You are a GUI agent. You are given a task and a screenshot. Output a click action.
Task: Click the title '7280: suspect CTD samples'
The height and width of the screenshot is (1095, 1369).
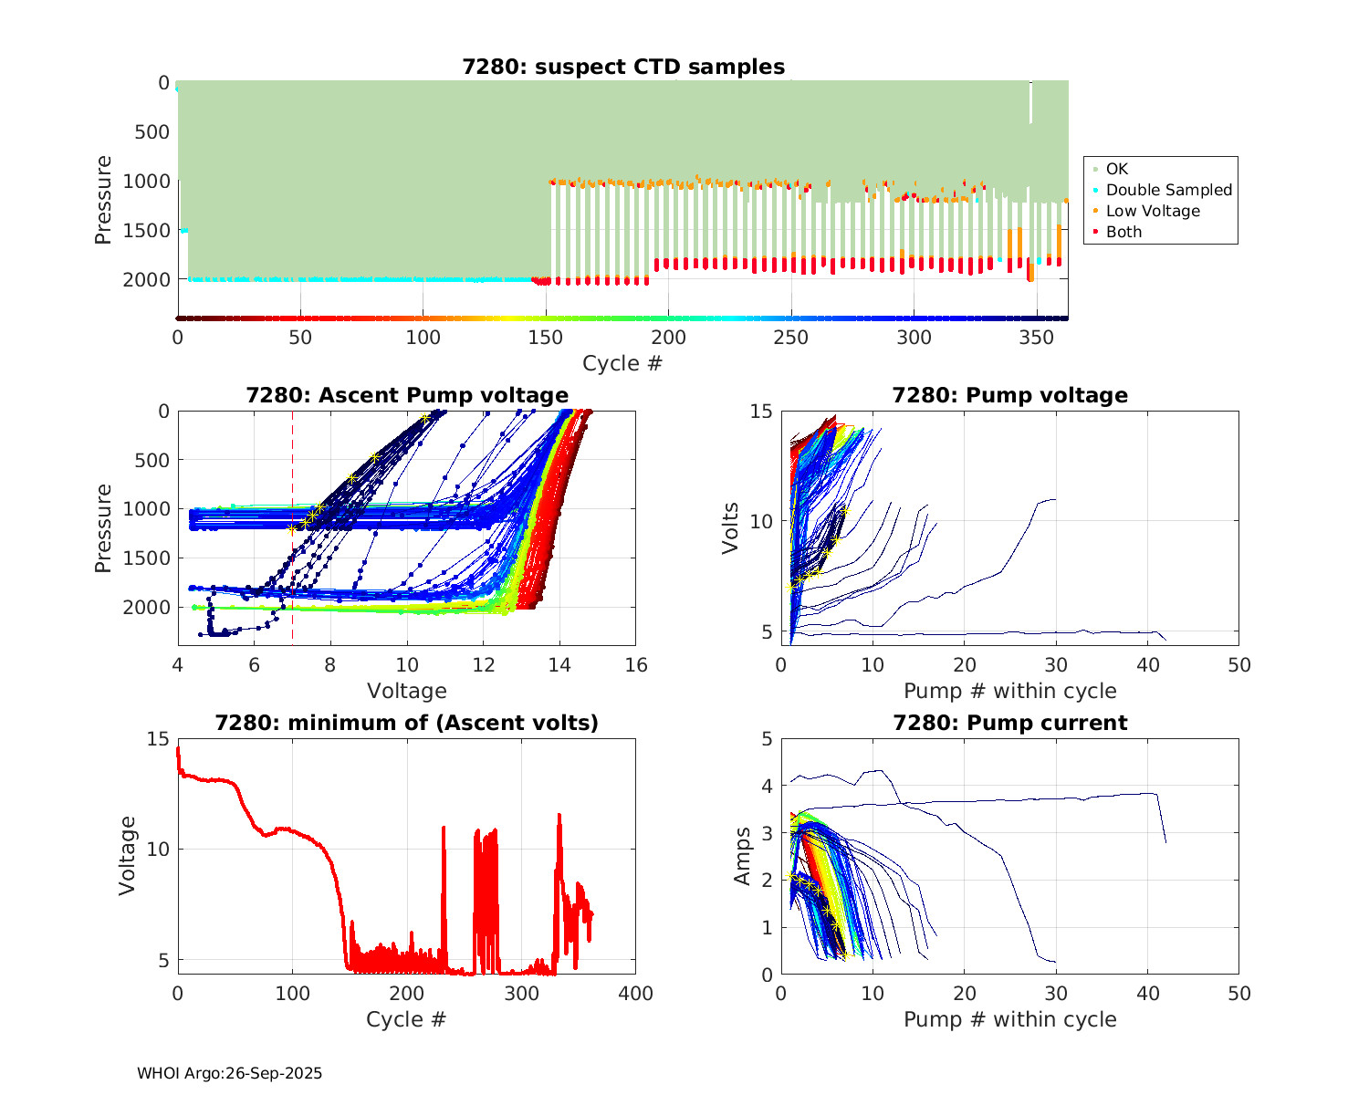623,67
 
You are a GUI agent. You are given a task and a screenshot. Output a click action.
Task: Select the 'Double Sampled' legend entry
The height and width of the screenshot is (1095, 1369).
1168,190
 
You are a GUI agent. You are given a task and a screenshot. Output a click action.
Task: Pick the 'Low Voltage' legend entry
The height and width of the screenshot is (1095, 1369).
1153,211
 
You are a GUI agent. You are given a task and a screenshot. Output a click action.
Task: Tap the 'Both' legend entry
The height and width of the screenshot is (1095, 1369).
1123,232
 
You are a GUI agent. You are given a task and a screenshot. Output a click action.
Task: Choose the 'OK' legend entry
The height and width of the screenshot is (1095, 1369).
1116,169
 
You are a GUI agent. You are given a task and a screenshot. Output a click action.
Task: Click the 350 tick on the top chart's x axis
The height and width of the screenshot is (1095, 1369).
1037,337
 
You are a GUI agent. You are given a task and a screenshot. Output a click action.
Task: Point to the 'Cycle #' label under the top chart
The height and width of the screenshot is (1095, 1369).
622,363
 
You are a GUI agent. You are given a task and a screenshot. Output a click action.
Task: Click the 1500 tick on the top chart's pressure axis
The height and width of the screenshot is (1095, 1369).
152,230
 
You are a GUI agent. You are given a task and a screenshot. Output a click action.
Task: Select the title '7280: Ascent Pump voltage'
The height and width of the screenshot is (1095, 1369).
407,395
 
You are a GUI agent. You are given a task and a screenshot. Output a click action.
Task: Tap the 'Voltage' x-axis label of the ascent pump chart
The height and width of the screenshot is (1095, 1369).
407,691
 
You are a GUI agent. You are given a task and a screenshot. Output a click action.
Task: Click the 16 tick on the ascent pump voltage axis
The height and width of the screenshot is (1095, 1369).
636,665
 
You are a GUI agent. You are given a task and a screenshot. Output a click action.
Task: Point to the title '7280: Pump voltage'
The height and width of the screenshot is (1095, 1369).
1009,395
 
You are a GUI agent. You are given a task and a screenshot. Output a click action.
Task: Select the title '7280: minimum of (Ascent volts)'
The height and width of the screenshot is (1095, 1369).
407,723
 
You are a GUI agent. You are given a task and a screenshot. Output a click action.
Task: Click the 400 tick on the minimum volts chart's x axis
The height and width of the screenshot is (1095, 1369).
636,994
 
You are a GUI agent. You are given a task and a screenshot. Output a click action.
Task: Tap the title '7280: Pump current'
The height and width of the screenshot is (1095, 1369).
1009,723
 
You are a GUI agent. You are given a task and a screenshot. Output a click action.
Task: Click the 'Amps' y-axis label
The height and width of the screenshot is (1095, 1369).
743,855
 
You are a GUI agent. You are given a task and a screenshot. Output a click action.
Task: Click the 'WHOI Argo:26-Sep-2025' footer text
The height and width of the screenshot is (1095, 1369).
230,1073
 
